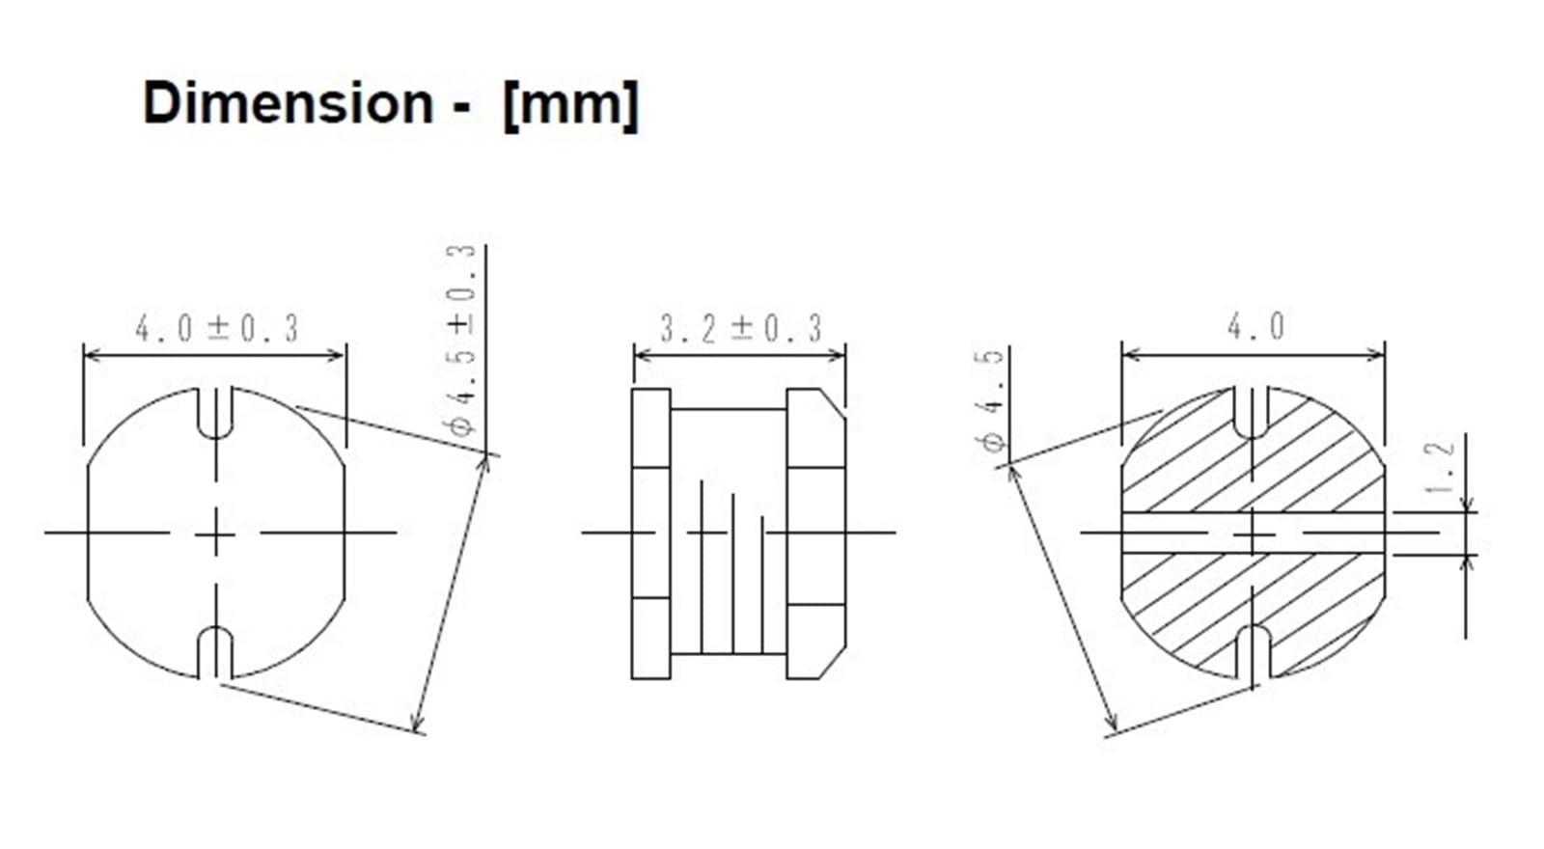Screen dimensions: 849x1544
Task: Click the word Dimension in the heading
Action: coord(288,102)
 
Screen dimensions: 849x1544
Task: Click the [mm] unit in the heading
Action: coord(570,102)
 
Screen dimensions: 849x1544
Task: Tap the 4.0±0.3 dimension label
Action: coord(217,329)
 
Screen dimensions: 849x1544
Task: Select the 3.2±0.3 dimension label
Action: coord(740,329)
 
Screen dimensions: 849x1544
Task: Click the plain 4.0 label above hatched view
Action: coord(1255,327)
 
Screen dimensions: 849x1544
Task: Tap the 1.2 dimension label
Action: coord(1441,467)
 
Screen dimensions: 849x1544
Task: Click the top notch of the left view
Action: coord(216,412)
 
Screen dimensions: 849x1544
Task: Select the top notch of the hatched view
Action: coord(1253,412)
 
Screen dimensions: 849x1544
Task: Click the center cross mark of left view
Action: coord(216,533)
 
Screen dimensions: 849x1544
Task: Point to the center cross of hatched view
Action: coord(1253,534)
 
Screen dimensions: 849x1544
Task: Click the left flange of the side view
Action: coord(650,533)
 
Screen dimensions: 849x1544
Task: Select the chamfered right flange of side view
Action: coord(816,533)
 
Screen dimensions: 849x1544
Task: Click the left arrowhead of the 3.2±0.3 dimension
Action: coord(641,356)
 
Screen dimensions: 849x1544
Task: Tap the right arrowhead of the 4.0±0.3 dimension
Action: coord(337,356)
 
